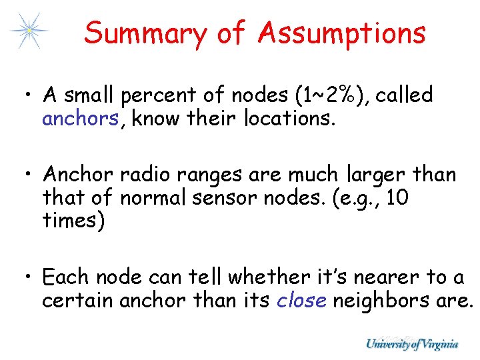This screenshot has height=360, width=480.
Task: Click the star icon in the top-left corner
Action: [x=28, y=30]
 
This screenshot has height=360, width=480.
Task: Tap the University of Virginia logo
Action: [x=411, y=344]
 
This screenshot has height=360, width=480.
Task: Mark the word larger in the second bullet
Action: [x=377, y=175]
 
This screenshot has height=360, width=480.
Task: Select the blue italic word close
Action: [x=301, y=300]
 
